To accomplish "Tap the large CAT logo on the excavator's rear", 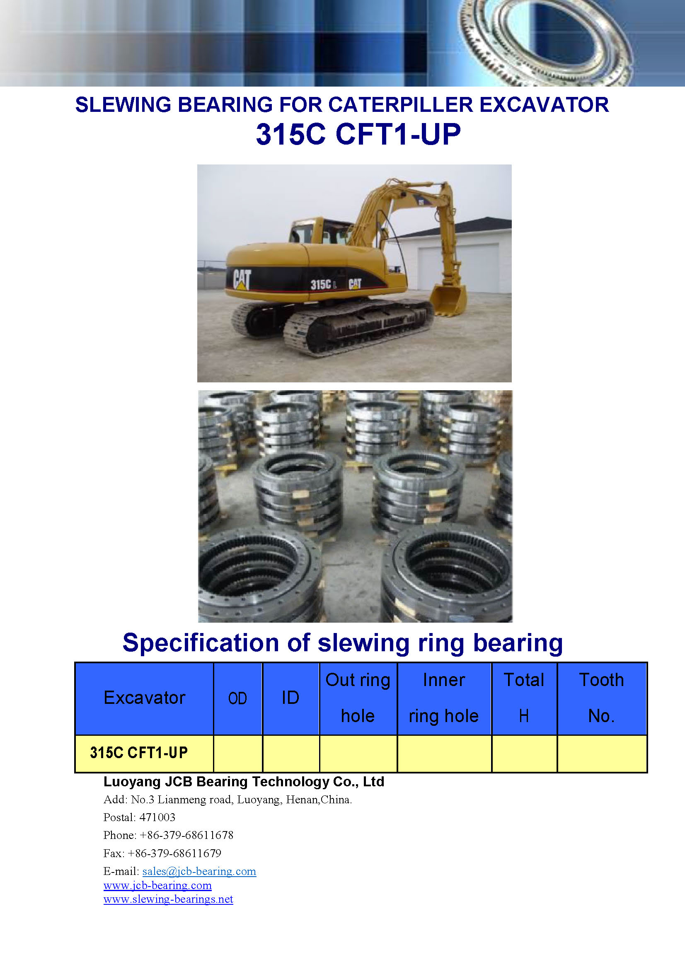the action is (242, 279).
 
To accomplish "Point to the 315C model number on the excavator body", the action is (321, 285).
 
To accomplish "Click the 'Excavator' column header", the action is (144, 698).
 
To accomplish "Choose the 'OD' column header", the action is (237, 698).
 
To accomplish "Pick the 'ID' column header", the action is (290, 698).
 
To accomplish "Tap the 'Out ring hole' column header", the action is (358, 698).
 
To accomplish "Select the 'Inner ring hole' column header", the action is (444, 698).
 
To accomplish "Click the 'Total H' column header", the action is (524, 698).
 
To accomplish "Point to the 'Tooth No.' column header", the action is (601, 698).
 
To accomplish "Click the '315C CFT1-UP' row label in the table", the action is (139, 752).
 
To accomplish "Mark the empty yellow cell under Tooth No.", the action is (602, 754).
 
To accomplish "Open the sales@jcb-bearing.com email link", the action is (199, 872).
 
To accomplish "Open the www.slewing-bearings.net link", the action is (168, 899).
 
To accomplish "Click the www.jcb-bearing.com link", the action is (157, 885).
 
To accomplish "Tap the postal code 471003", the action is (157, 817).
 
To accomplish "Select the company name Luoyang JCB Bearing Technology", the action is (216, 782).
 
